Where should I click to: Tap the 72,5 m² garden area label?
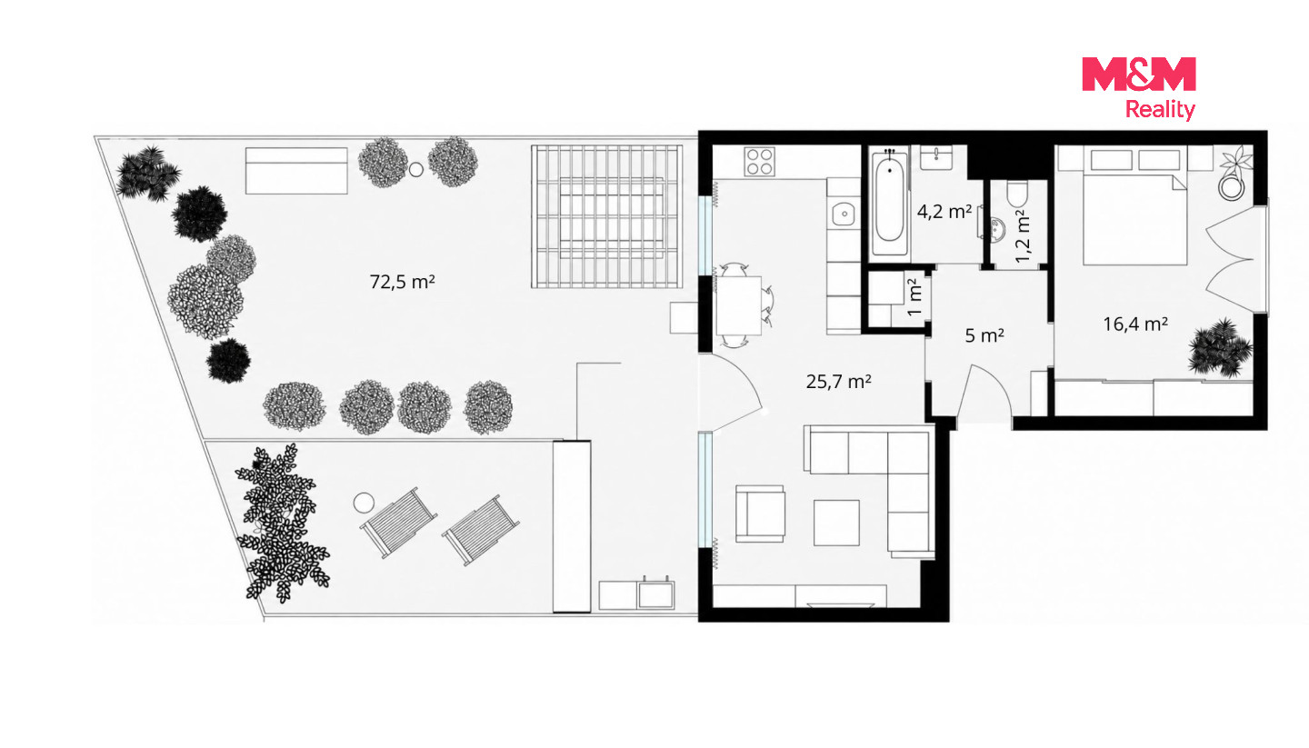(x=402, y=282)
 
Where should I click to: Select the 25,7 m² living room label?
(x=838, y=382)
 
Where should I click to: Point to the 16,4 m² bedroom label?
(x=1135, y=324)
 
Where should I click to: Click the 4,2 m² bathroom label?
(x=944, y=211)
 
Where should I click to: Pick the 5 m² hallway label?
(x=984, y=335)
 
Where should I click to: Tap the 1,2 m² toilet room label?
(x=1023, y=236)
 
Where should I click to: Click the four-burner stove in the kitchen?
(x=759, y=162)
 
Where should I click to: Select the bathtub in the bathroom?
(x=889, y=202)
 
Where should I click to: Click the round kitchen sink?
(x=844, y=214)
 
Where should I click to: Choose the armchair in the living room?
(x=760, y=514)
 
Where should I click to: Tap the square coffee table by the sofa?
(x=836, y=523)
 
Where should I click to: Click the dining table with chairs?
(x=740, y=305)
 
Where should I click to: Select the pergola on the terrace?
(x=606, y=216)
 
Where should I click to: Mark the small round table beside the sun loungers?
(x=364, y=503)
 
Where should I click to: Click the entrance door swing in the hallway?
(x=984, y=394)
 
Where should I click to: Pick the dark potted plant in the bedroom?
(x=1220, y=348)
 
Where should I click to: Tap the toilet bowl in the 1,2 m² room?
(x=1017, y=194)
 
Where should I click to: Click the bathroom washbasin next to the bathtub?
(x=936, y=157)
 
